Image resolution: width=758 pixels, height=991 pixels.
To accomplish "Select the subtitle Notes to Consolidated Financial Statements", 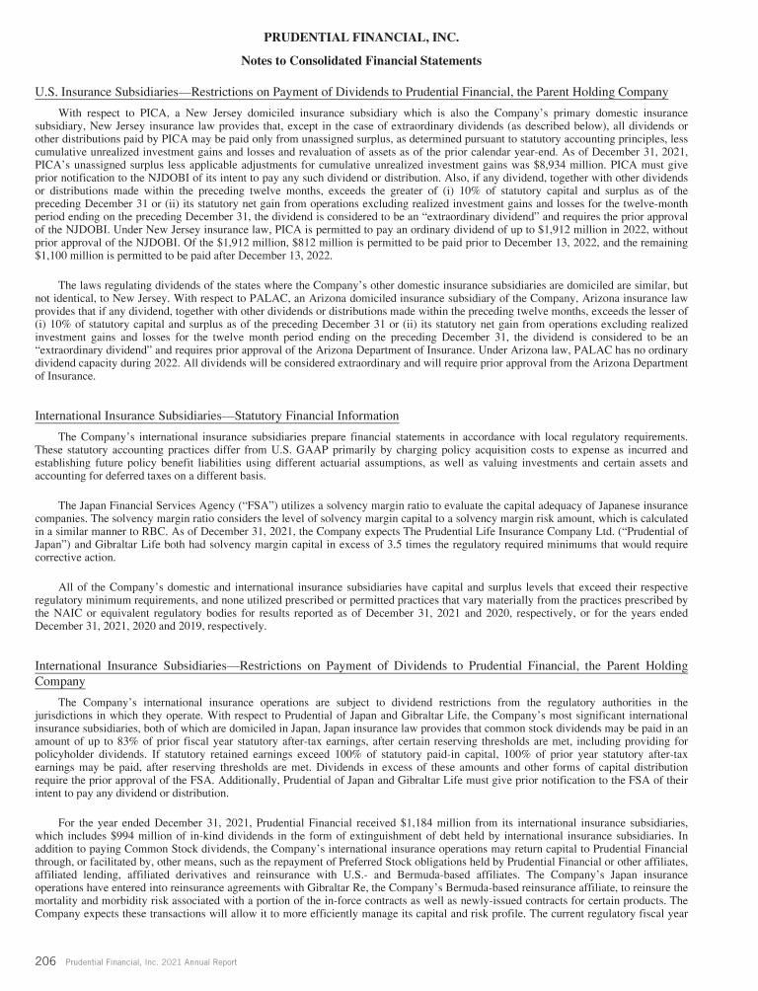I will point(378,60).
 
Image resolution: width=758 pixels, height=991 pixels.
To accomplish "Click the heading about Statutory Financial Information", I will point(216,415).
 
